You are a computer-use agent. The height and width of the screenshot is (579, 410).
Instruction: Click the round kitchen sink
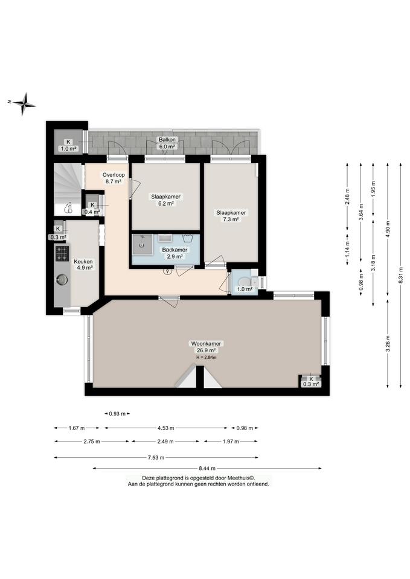(x=62, y=279)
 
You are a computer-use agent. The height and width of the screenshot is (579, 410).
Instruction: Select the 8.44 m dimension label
(x=206, y=468)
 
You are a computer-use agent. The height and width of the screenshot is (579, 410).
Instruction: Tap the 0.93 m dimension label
(x=117, y=414)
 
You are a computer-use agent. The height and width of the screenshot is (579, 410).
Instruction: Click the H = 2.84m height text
(x=206, y=358)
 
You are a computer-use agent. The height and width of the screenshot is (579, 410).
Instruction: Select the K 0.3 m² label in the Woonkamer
(x=311, y=381)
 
